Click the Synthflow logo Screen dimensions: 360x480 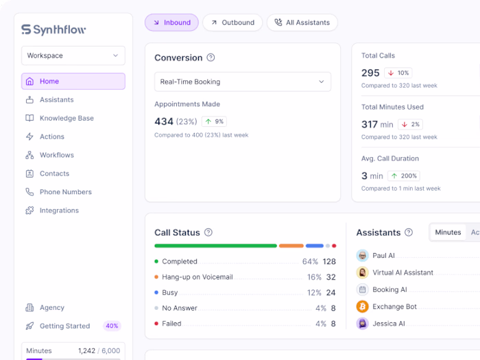tap(53, 29)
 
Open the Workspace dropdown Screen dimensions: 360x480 tap(73, 56)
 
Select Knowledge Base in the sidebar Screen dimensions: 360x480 tap(67, 118)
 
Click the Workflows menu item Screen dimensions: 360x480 tap(56, 155)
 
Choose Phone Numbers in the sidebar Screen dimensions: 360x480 tap(65, 192)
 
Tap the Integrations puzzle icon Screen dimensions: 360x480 tap(29, 211)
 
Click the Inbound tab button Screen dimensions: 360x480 tap(171, 23)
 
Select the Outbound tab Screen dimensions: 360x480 tap(232, 23)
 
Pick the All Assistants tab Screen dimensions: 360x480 tap(302, 23)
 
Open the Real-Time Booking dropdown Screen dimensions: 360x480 tap(243, 82)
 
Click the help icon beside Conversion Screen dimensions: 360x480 tap(211, 58)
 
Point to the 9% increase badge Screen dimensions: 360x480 tap(214, 121)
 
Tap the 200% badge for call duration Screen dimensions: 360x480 tap(404, 176)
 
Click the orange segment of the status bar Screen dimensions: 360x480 tap(291, 245)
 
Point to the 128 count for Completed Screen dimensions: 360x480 tap(329, 261)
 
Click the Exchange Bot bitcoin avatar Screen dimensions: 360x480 tap(363, 307)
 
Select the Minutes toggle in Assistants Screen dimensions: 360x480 tap(448, 232)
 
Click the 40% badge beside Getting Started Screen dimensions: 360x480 tap(112, 326)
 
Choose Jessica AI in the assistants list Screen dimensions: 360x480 tap(388, 323)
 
